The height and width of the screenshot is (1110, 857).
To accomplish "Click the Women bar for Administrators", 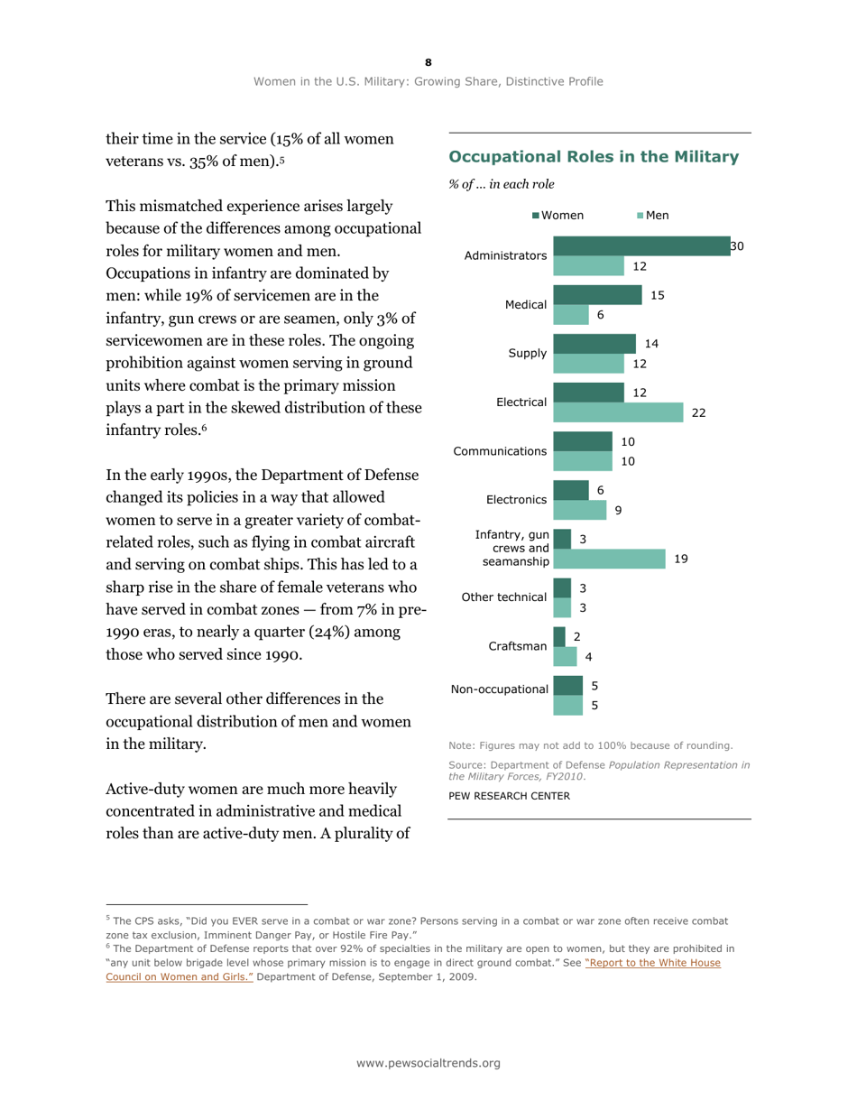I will point(640,245).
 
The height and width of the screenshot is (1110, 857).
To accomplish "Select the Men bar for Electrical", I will point(618,412).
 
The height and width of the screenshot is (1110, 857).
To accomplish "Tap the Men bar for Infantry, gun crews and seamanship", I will point(609,559).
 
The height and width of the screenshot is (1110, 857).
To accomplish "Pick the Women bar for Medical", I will point(596,294).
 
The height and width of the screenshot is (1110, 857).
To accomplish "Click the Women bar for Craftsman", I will point(558,637).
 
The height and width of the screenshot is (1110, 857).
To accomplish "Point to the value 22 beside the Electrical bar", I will point(699,412).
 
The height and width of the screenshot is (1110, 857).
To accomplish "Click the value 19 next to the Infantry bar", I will point(681,559).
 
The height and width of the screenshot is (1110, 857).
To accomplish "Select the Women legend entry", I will point(558,215).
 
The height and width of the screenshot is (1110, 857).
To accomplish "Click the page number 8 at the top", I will point(428,61).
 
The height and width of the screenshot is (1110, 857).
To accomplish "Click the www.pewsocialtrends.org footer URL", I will point(428,1063).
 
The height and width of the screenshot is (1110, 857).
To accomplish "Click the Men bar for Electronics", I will point(580,510).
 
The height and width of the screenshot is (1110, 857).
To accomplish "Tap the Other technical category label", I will point(504,597).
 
